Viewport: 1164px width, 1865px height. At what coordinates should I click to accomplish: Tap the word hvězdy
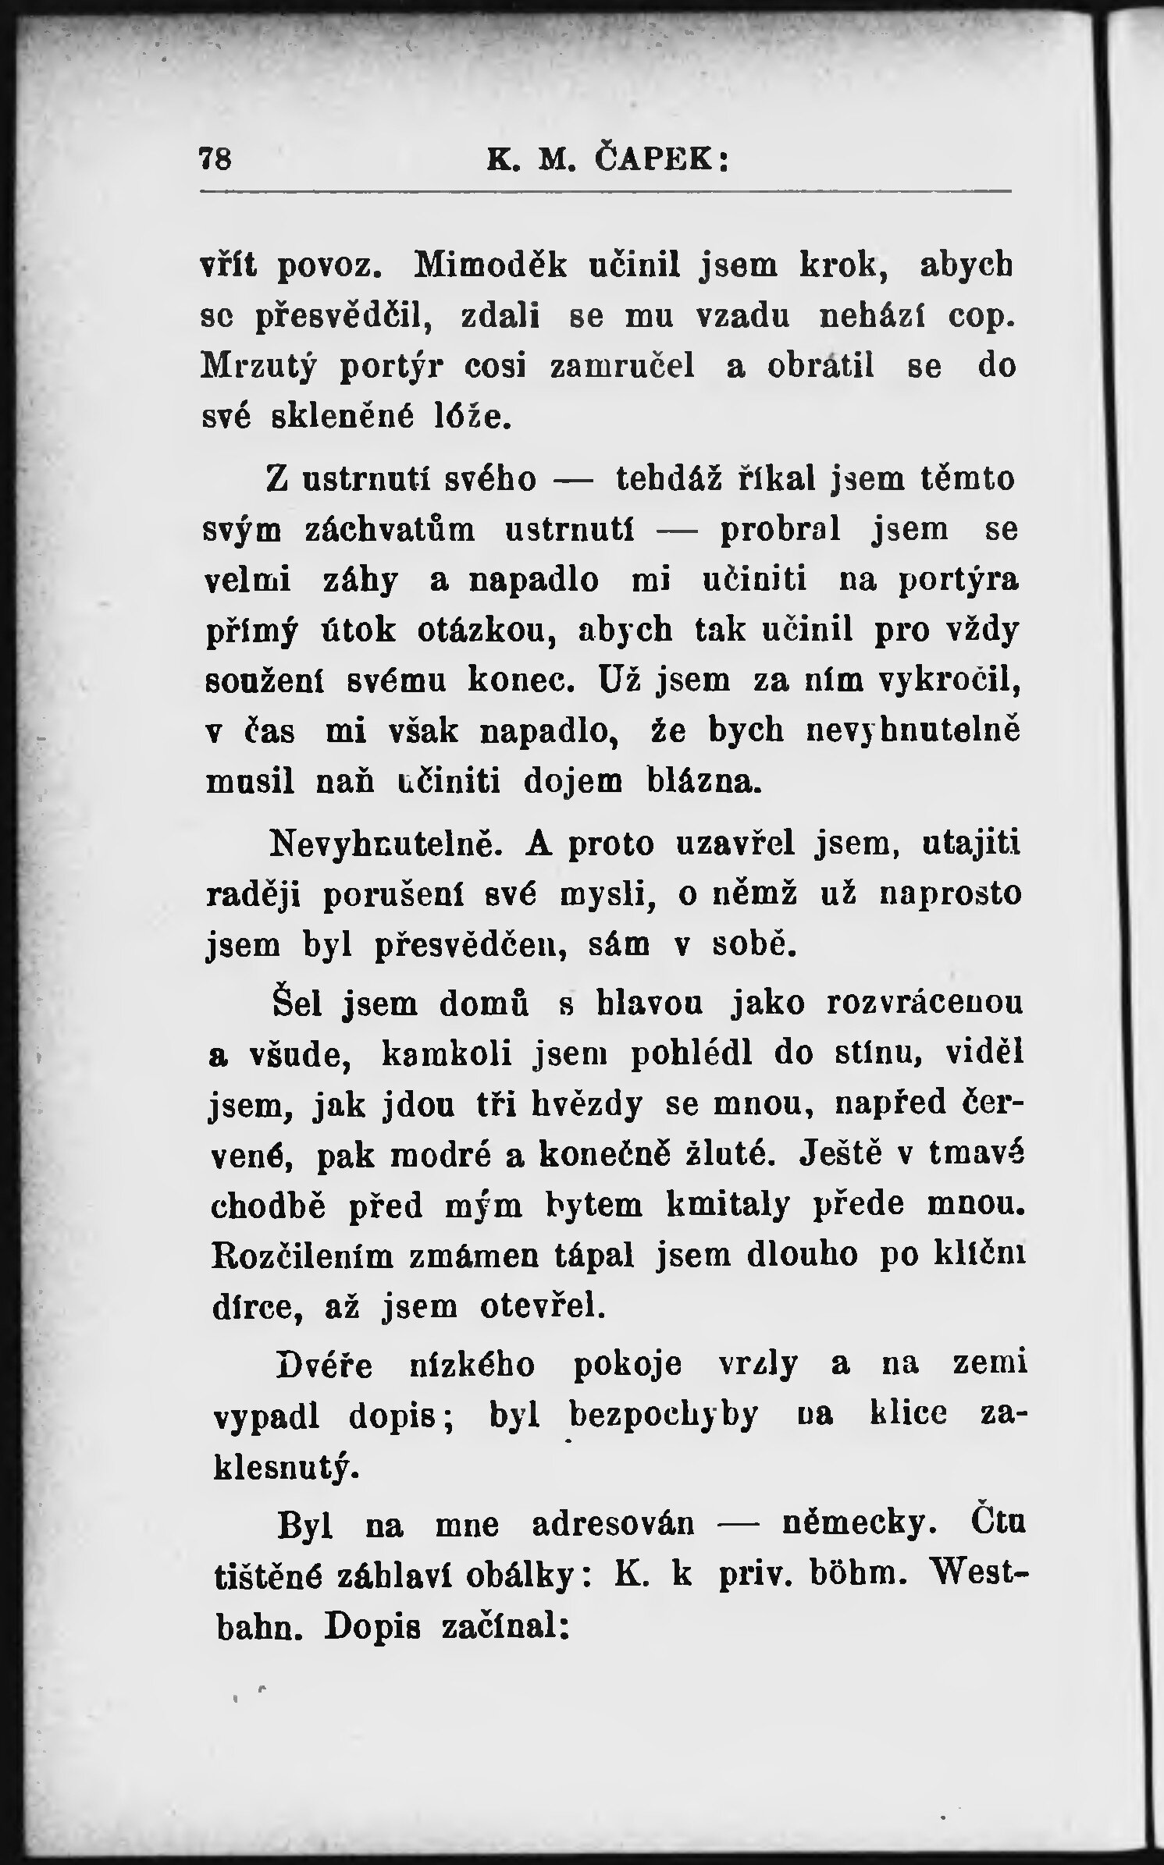587,1105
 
